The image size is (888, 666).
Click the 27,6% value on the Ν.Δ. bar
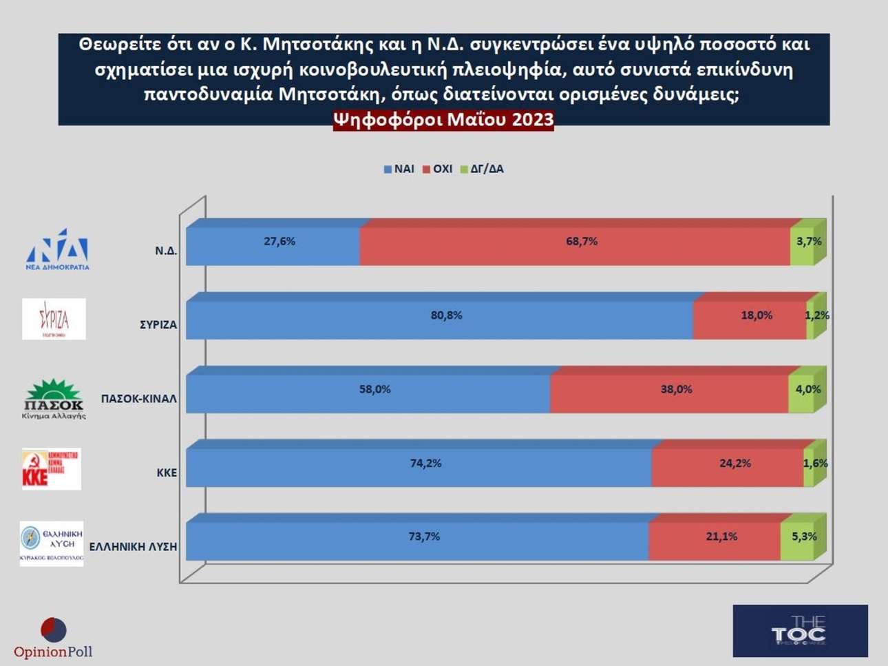(x=279, y=242)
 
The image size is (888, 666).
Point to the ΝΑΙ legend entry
(x=399, y=169)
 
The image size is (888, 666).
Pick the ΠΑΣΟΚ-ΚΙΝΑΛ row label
(x=139, y=399)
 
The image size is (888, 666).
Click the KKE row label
(x=167, y=472)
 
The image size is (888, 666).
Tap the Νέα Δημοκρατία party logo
(x=57, y=249)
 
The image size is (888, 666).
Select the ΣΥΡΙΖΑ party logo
(x=54, y=319)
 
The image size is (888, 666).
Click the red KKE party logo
(x=52, y=468)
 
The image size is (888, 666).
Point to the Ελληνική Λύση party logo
(x=52, y=543)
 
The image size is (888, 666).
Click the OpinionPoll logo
(x=53, y=638)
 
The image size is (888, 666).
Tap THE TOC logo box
(x=800, y=631)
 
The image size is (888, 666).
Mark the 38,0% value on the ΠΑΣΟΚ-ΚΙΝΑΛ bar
(x=676, y=390)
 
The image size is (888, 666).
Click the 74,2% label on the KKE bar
(x=425, y=464)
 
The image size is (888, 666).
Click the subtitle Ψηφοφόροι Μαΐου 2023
(x=443, y=120)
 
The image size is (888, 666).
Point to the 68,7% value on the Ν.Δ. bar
(x=582, y=242)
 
